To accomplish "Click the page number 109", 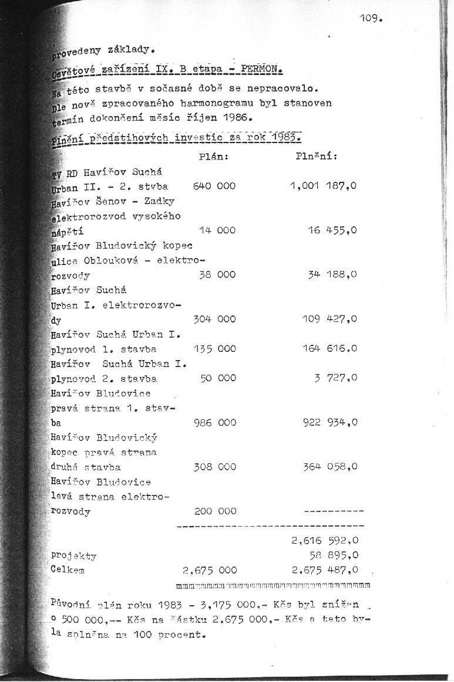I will [x=371, y=19].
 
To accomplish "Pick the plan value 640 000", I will [x=214, y=186].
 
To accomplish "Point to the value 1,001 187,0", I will [x=324, y=186].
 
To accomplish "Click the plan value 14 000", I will [x=217, y=231].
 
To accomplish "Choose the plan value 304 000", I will [x=214, y=320].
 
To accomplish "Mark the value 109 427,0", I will [x=330, y=320].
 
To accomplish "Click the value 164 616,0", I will [x=330, y=349].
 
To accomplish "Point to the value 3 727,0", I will [x=336, y=378].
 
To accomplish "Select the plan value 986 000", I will [x=214, y=423].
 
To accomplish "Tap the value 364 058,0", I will [x=330, y=467].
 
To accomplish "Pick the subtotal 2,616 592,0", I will [x=325, y=541].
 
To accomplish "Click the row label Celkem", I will [x=68, y=570].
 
